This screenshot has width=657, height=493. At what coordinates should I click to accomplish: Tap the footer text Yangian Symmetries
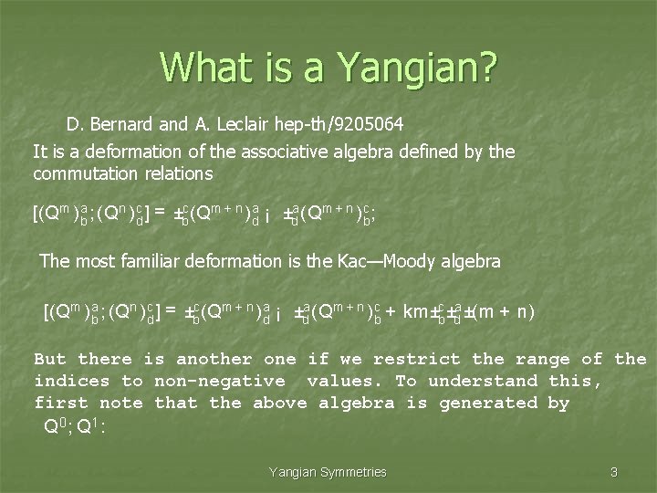coord(328,472)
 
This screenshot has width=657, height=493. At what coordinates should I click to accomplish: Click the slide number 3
coord(614,472)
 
